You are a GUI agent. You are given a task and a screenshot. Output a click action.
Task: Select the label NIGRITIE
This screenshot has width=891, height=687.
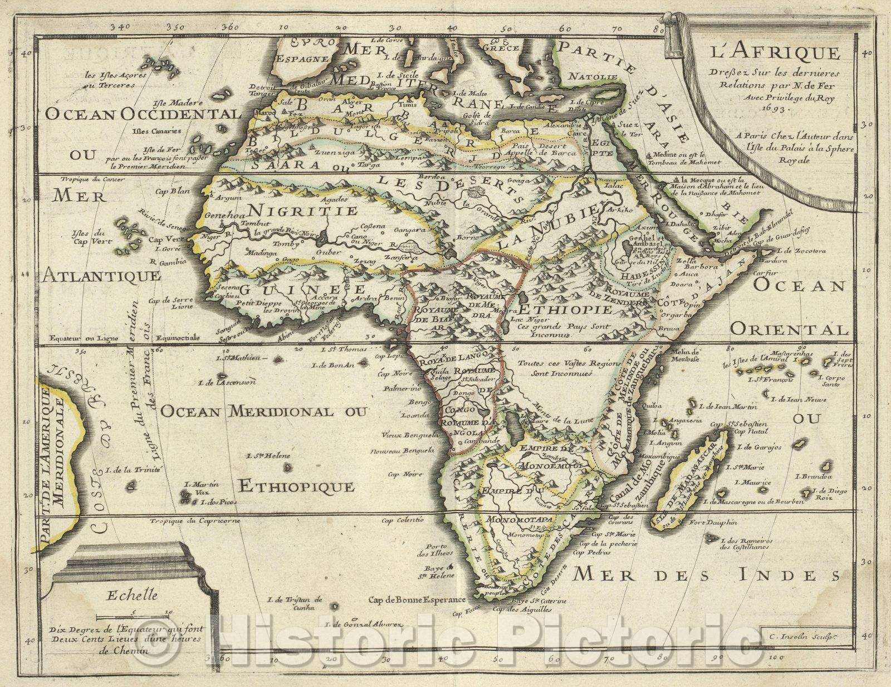(303, 211)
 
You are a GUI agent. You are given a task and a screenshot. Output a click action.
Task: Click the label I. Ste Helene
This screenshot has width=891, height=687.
(268, 456)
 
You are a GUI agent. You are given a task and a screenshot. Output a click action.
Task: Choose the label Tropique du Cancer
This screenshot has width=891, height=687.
(92, 180)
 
